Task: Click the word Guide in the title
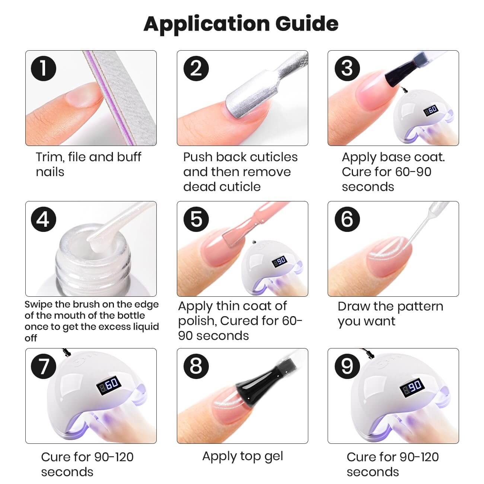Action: click(307, 24)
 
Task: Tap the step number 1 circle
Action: click(44, 68)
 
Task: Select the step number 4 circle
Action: click(44, 219)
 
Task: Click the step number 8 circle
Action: click(196, 366)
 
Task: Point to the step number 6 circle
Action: click(347, 219)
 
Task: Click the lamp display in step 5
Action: click(279, 261)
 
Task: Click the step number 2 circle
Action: click(196, 68)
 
